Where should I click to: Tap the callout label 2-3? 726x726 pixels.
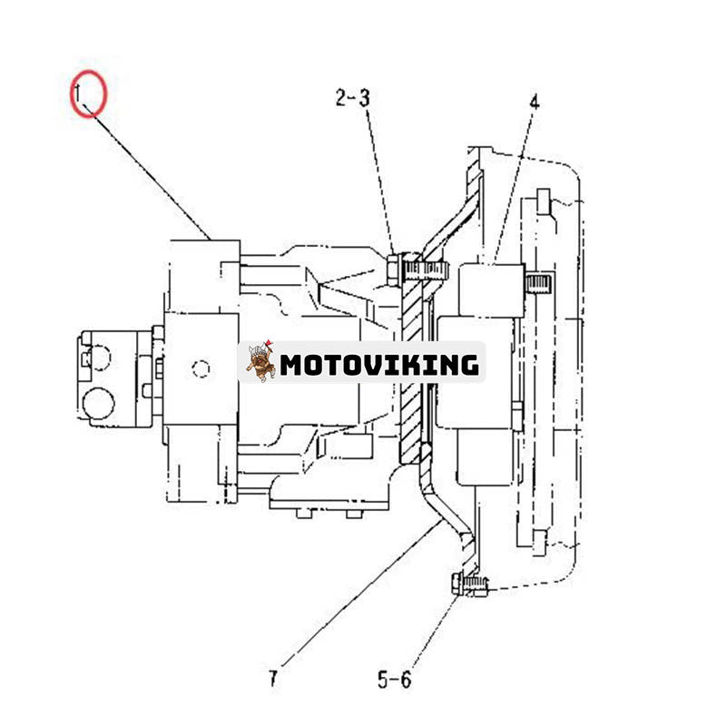point(352,98)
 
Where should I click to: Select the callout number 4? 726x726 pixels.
point(534,102)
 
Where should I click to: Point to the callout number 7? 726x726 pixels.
point(273,677)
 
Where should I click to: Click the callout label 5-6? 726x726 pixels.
point(395,678)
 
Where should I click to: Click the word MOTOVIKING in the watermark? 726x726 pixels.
point(378,365)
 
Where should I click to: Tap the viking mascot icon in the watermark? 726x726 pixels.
point(260,362)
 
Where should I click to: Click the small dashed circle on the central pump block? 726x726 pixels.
point(202,368)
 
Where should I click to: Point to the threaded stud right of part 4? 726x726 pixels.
point(539,286)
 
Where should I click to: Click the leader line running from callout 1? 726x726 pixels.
point(150,172)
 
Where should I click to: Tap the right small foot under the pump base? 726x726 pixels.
point(352,514)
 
